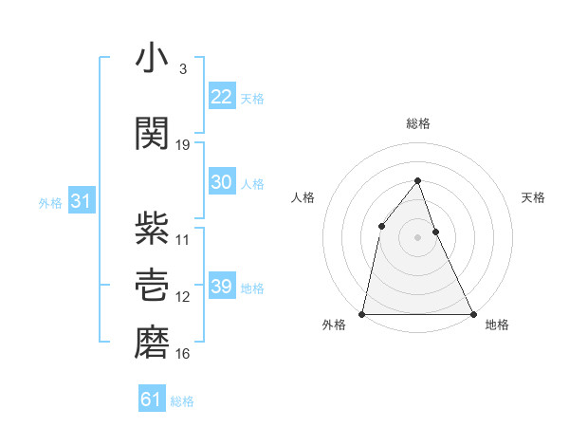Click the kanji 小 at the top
tap(152, 59)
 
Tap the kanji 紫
tap(152, 227)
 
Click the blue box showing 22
tap(221, 96)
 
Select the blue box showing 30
tap(221, 182)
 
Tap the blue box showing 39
tap(221, 286)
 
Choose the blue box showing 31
tap(81, 200)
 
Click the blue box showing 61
tap(151, 400)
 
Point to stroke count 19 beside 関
tap(183, 144)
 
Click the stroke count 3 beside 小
tap(182, 69)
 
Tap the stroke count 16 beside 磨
tap(183, 354)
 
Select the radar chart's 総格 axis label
tap(417, 123)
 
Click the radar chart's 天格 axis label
tap(534, 197)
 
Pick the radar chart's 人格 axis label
tap(303, 197)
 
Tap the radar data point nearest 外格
tap(362, 313)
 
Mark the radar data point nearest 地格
tap(472, 313)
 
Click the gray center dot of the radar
tap(417, 237)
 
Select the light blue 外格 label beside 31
tap(50, 201)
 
